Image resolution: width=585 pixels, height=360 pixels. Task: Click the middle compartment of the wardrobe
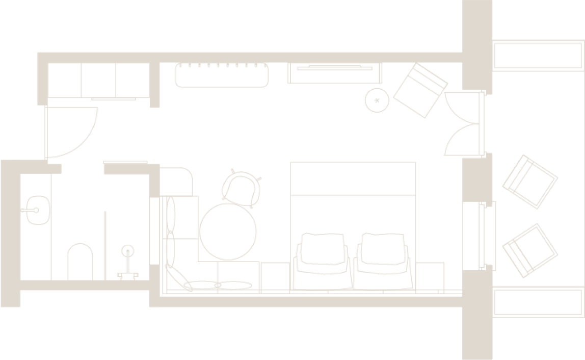click(99, 80)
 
